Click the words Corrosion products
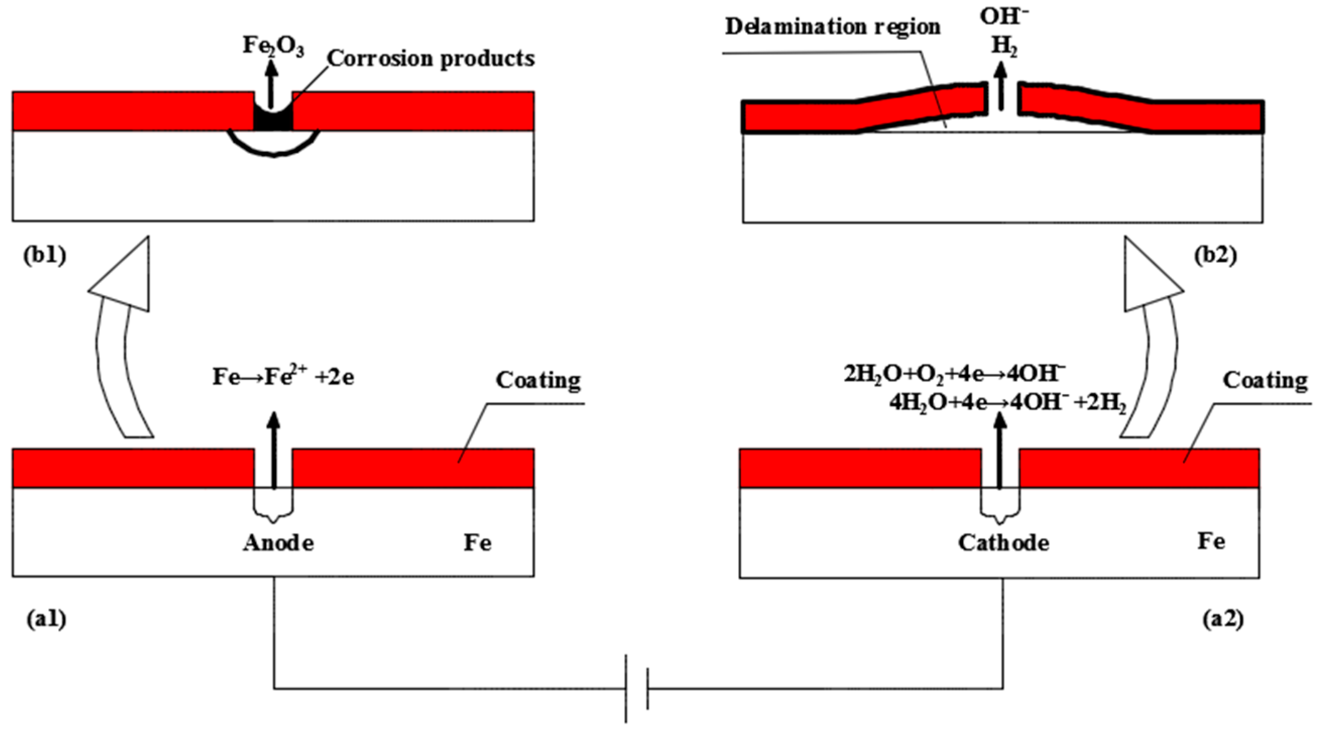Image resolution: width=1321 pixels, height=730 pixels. (x=431, y=59)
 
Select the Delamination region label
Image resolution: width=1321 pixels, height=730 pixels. (x=832, y=27)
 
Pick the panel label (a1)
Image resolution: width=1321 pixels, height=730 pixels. (x=46, y=620)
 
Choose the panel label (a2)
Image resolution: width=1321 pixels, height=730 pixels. (x=1223, y=620)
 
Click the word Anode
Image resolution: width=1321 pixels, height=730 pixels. (x=278, y=543)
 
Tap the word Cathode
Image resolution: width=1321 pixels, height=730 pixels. (x=1003, y=543)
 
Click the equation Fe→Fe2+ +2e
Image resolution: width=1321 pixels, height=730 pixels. (x=283, y=377)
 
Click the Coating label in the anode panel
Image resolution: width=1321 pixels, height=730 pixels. (x=538, y=380)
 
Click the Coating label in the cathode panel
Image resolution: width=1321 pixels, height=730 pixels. (x=1265, y=380)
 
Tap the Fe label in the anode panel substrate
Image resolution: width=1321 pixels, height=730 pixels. (x=477, y=543)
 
